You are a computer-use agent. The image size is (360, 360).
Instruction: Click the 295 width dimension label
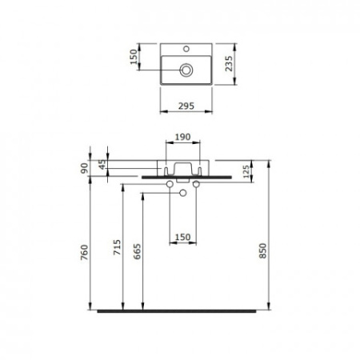coord(186,106)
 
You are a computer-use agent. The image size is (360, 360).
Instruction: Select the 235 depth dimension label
coord(229,63)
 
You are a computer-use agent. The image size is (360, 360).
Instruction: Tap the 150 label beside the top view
coord(134,57)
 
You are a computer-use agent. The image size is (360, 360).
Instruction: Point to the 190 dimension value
coord(182,137)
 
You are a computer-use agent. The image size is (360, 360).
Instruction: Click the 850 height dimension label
coord(263,250)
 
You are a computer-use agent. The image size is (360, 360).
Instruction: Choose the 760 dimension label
coord(84,252)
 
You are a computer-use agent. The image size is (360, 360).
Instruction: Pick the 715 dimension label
coord(117,247)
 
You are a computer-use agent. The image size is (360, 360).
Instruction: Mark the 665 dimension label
coord(137,251)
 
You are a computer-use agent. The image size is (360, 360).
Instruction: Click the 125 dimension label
coord(246,171)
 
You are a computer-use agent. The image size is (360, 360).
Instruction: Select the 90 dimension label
coord(84,168)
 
